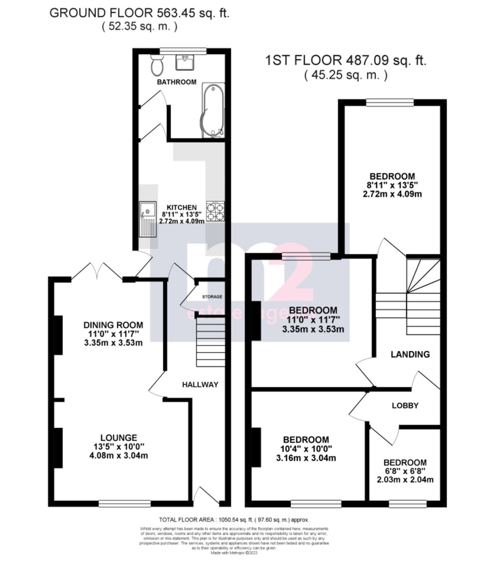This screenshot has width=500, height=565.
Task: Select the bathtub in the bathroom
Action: pos(213,110)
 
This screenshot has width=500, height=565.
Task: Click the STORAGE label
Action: pos(212,296)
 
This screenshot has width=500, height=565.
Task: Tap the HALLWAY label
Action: pos(200,385)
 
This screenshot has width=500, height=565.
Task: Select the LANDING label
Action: pos(410,354)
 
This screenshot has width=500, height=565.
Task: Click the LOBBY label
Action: pos(405,405)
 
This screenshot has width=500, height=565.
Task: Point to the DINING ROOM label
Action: pos(113,325)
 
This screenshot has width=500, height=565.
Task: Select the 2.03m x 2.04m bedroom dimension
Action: pos(405,480)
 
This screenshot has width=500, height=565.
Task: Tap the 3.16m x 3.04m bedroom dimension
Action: pos(306,458)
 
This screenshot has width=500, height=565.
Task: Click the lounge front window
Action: pos(125,503)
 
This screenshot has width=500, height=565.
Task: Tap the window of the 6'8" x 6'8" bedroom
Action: pos(407,503)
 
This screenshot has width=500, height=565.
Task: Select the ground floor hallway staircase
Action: pos(210,342)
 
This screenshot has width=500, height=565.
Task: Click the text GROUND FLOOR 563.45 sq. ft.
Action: pos(139,13)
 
